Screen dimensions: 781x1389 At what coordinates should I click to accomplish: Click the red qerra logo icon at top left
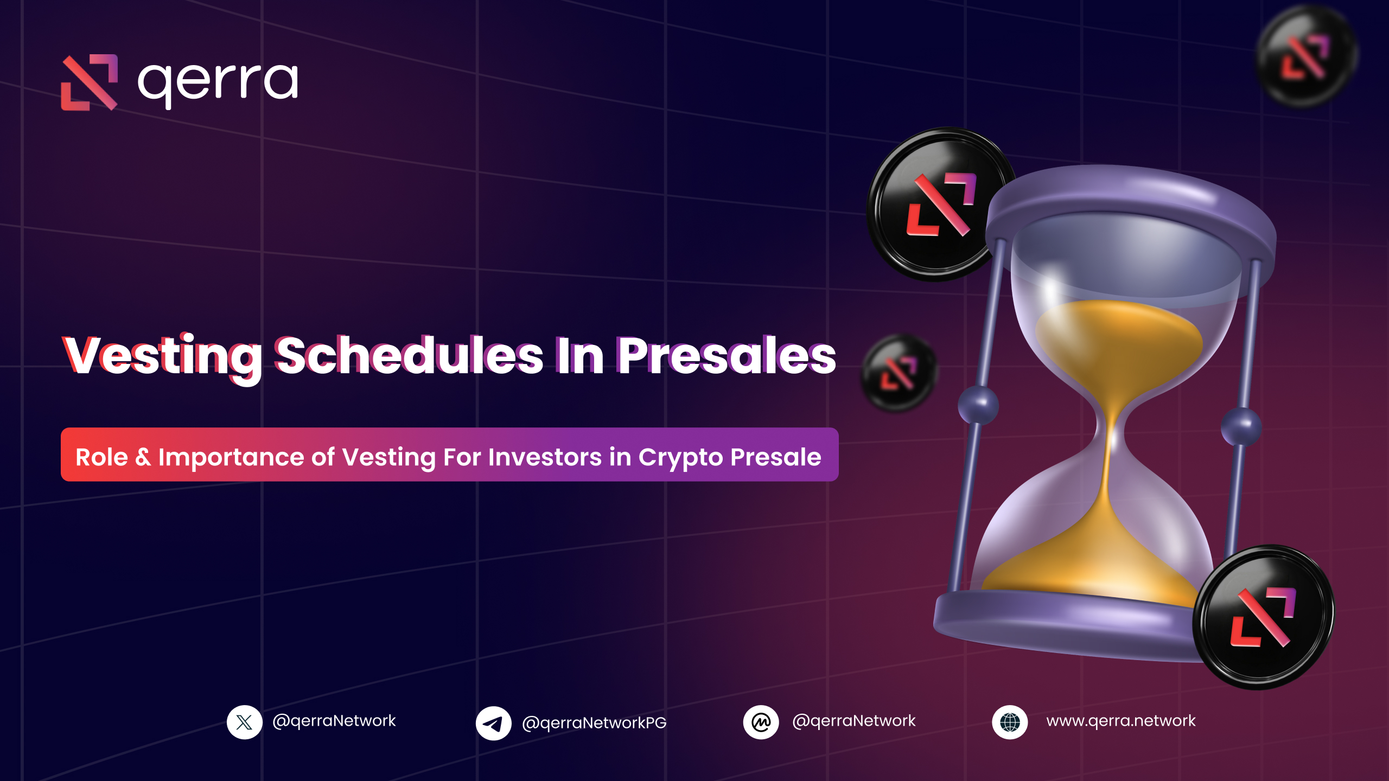pyautogui.click(x=90, y=82)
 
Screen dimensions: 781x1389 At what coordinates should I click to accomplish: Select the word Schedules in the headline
pyautogui.click(x=410, y=356)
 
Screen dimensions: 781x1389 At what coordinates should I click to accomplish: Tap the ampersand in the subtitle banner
pyautogui.click(x=143, y=457)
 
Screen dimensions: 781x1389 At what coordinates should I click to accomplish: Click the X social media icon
pyautogui.click(x=245, y=722)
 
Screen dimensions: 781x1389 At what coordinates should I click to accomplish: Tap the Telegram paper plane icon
pyautogui.click(x=493, y=723)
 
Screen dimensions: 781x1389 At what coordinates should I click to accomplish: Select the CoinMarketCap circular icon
pyautogui.click(x=761, y=722)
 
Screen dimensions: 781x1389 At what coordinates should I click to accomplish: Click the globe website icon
pyautogui.click(x=1010, y=722)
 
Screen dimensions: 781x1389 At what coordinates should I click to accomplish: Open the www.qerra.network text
pyautogui.click(x=1120, y=721)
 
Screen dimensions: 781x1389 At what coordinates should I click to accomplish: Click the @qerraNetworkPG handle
pyautogui.click(x=594, y=723)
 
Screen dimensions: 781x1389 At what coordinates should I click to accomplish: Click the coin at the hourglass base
pyautogui.click(x=1263, y=617)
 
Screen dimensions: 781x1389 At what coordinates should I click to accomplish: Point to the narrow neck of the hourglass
pyautogui.click(x=1109, y=428)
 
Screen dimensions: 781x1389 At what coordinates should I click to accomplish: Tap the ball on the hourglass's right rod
pyautogui.click(x=1241, y=426)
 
